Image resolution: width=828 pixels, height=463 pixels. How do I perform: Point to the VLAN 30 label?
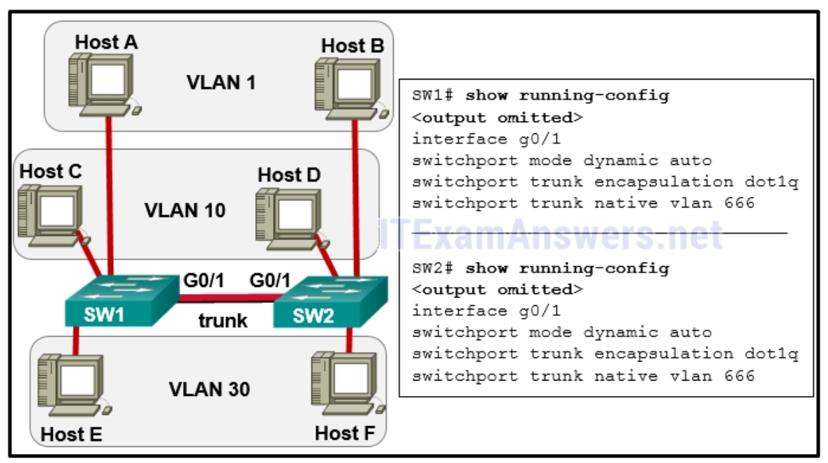pos(209,388)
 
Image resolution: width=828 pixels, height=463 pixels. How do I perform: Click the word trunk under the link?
pos(222,321)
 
